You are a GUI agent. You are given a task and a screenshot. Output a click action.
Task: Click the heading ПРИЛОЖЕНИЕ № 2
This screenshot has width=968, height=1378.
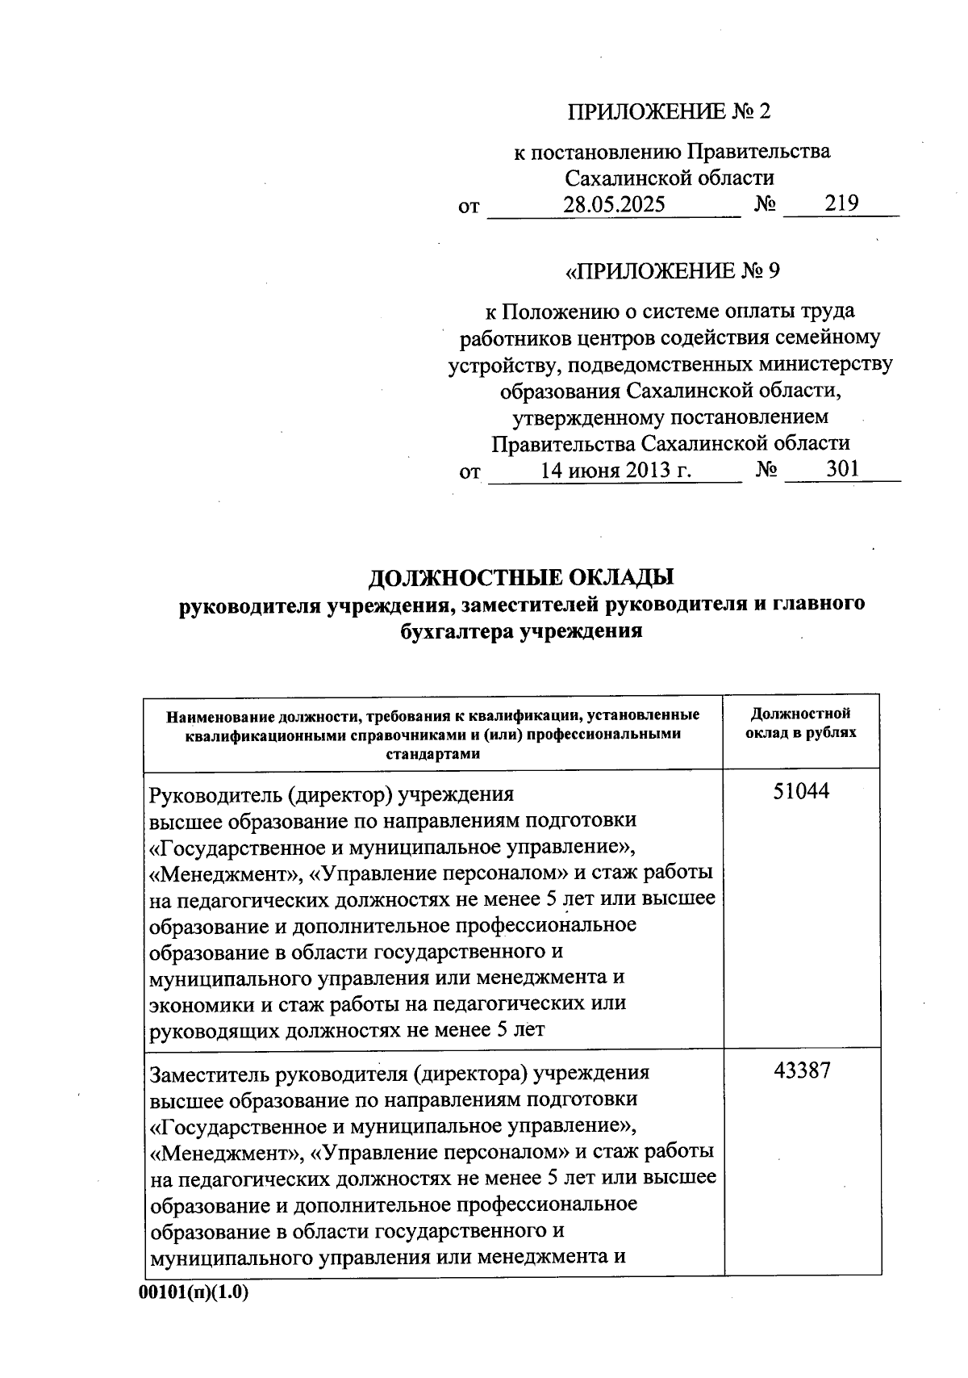coord(669,111)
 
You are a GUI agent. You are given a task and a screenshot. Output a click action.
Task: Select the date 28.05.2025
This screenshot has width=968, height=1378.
coord(614,204)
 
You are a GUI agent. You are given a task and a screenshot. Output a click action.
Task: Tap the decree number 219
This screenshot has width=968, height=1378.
coord(841,203)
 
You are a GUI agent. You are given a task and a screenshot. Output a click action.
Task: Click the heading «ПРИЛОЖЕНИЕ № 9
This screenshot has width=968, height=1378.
coord(673,271)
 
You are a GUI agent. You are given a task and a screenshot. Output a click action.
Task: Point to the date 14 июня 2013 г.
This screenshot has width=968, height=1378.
coord(615,470)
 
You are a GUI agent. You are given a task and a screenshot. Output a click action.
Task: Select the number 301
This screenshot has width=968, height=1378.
coord(842,469)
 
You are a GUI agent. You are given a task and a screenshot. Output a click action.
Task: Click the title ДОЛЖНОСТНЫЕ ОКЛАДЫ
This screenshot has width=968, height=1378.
coord(520,578)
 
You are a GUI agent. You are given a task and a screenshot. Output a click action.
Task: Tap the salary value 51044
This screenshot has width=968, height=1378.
coord(801,792)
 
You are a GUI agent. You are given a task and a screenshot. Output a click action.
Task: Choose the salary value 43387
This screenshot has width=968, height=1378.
coord(802,1071)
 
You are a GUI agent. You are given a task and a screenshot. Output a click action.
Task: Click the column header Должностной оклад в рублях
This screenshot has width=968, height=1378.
coord(801,723)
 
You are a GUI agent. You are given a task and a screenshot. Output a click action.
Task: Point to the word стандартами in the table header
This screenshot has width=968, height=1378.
coord(432,755)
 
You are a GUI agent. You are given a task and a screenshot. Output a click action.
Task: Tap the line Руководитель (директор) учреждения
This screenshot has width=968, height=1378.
coord(332,794)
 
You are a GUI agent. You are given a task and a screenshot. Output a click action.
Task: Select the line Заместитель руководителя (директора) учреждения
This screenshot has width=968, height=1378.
coord(399,1074)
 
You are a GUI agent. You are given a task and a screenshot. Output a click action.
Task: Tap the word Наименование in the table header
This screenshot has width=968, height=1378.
coord(218,715)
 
